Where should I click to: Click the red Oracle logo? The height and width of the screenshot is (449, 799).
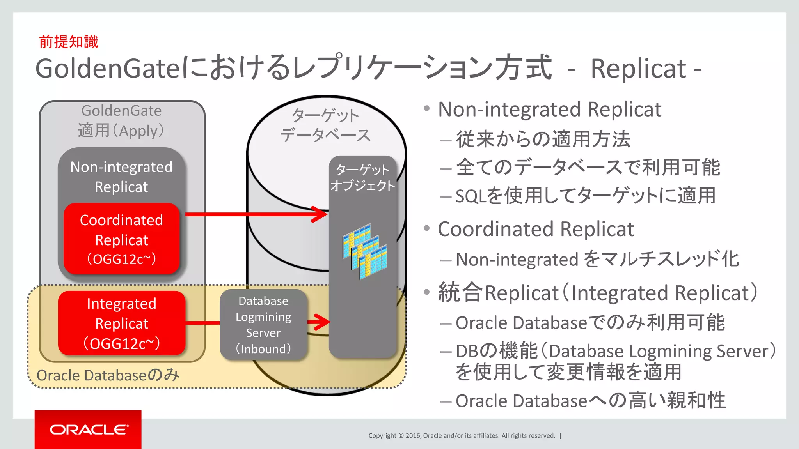pyautogui.click(x=88, y=429)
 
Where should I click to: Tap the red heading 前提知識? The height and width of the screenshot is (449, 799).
pyautogui.click(x=69, y=42)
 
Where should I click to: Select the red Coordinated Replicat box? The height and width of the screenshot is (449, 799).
pyautogui.click(x=121, y=239)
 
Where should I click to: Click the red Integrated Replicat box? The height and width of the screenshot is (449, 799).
pyautogui.click(x=121, y=323)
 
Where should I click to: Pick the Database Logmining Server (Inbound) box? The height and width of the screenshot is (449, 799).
pyautogui.click(x=263, y=324)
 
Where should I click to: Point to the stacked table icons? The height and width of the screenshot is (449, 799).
pyautogui.click(x=365, y=251)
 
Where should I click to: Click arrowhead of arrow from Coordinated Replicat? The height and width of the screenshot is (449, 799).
pyautogui.click(x=321, y=214)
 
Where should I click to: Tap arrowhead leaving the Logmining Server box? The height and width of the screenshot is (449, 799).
pyautogui.click(x=322, y=322)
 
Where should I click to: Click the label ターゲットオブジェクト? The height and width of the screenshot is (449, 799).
pyautogui.click(x=362, y=178)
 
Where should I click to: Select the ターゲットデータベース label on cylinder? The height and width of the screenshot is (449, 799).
pyautogui.click(x=325, y=125)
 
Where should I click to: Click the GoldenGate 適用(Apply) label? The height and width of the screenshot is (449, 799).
pyautogui.click(x=121, y=120)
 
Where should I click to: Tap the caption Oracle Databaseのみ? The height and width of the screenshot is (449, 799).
pyautogui.click(x=108, y=375)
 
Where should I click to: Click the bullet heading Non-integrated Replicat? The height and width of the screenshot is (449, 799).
pyautogui.click(x=549, y=110)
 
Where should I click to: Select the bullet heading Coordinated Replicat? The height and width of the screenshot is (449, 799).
pyautogui.click(x=536, y=229)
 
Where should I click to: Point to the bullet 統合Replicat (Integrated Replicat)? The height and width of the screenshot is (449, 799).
pyautogui.click(x=597, y=293)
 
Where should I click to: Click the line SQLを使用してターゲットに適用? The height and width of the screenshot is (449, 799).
pyautogui.click(x=585, y=196)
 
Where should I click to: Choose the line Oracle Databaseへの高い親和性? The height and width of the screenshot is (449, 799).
pyautogui.click(x=590, y=401)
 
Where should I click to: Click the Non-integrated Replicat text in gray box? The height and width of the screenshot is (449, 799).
pyautogui.click(x=121, y=177)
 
